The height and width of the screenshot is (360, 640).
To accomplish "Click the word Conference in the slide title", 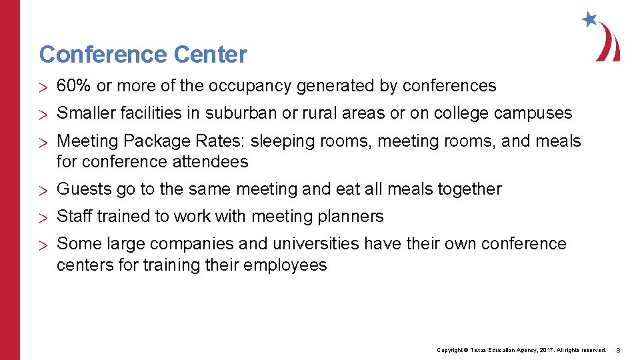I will (x=93, y=54).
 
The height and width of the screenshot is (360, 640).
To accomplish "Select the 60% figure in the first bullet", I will (x=74, y=86).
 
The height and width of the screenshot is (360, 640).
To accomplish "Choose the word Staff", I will (x=75, y=217).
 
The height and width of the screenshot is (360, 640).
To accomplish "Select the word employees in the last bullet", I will (x=285, y=265).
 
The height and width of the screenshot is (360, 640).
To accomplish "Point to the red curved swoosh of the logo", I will (x=610, y=43).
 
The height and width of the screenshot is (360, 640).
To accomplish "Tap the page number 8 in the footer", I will (x=618, y=350).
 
